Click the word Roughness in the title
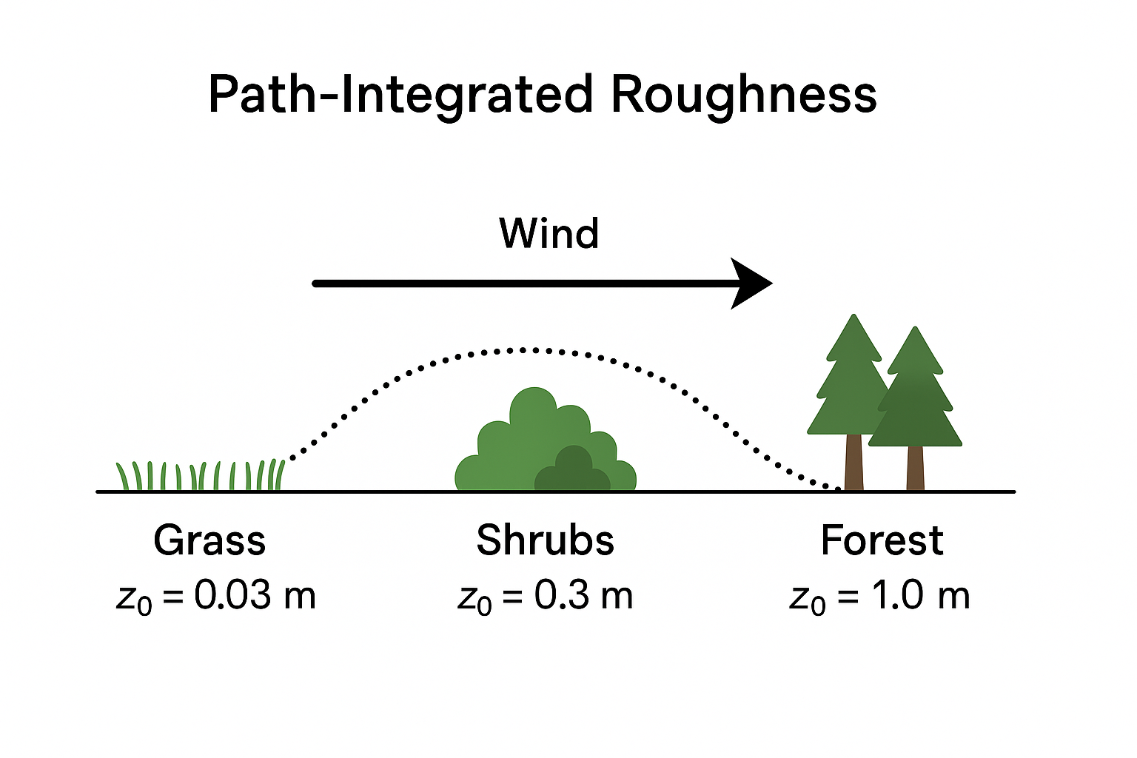[x=743, y=95]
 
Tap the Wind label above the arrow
[x=549, y=234]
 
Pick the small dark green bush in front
[x=571, y=471]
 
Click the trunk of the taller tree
[x=853, y=462]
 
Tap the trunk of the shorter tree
[x=915, y=468]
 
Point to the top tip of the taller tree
[x=854, y=316]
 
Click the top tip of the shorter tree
[x=915, y=329]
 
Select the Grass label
[x=209, y=540]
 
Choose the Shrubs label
[x=545, y=540]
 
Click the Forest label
[x=882, y=540]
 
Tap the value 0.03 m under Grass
[x=255, y=595]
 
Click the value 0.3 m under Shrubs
[x=583, y=595]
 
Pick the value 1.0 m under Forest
[x=919, y=595]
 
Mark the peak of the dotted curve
[x=526, y=348]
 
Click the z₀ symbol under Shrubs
[x=474, y=598]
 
